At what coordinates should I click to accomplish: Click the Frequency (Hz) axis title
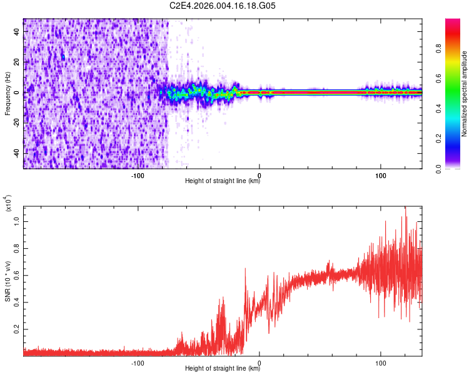click(x=8, y=94)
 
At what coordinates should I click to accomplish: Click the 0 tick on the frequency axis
click(x=18, y=92)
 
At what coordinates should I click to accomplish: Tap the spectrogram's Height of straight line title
click(x=223, y=181)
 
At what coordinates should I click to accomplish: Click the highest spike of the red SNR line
click(x=405, y=207)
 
